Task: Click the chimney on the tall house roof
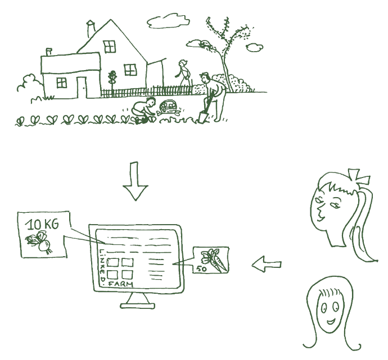click(x=91, y=29)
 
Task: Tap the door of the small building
click(x=82, y=88)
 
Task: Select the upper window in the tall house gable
click(x=110, y=47)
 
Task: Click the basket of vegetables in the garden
click(x=168, y=108)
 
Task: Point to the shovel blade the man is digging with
click(x=203, y=117)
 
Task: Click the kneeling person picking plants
click(x=143, y=108)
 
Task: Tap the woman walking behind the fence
click(x=184, y=73)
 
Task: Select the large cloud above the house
click(x=168, y=21)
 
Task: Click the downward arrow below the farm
click(x=136, y=181)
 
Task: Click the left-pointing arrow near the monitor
click(x=267, y=265)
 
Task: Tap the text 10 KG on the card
click(x=42, y=224)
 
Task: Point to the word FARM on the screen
click(x=121, y=284)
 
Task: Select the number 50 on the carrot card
click(x=201, y=268)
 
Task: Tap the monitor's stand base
click(x=138, y=306)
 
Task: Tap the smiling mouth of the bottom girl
click(x=331, y=321)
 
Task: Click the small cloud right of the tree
click(x=254, y=47)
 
